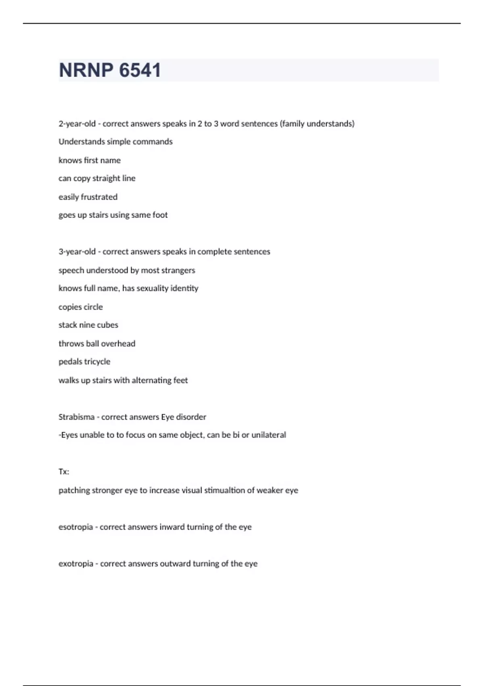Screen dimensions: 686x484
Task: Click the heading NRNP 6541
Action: [x=110, y=70]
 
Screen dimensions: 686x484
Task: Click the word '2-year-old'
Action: [x=77, y=124]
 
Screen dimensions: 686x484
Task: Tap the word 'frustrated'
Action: [x=99, y=197]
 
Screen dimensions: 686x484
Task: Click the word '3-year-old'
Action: [x=77, y=252]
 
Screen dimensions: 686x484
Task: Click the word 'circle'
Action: [x=93, y=307]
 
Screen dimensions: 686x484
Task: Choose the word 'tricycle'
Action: [x=97, y=362]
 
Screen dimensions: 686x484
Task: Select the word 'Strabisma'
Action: [x=76, y=417]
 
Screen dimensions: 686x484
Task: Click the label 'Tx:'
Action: [x=64, y=472]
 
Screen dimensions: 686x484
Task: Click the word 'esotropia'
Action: [x=75, y=527]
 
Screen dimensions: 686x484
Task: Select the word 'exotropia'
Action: [x=76, y=564]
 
